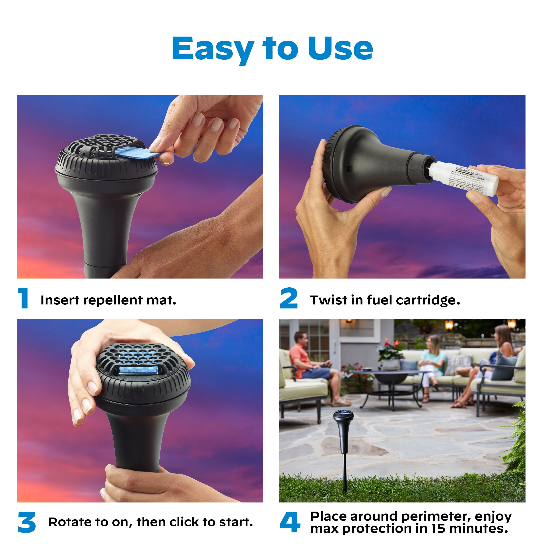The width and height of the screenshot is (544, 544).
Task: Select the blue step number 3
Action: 27,522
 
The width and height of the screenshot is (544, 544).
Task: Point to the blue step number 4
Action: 290,522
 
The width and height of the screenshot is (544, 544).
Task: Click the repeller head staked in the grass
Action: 343,415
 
